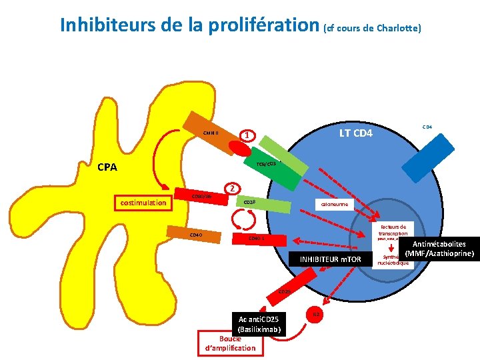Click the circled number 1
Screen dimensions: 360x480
point(247,135)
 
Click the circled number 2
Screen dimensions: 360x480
point(231,188)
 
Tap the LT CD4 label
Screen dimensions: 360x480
point(356,133)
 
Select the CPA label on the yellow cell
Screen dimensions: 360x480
point(107,167)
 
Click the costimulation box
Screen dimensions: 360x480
point(141,202)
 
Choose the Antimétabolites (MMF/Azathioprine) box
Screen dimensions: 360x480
point(439,249)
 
